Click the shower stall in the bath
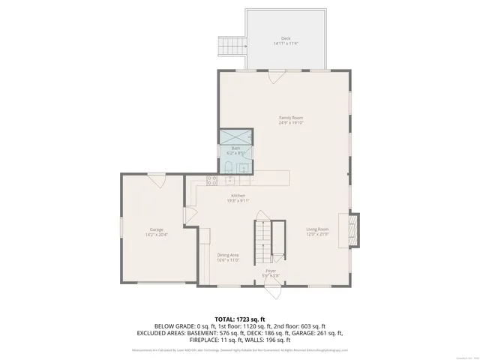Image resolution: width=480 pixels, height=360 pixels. tap(235, 136)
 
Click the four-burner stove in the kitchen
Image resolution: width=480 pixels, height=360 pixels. tap(211, 180)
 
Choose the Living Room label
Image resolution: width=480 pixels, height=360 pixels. tap(317, 231)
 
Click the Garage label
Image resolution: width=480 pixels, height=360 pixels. tap(156, 232)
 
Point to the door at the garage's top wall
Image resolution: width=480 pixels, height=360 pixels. tap(156, 178)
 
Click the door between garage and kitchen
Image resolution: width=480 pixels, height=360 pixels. tap(190, 215)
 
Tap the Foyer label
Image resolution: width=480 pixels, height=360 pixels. tap(271, 272)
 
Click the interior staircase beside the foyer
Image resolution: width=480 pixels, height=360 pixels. tap(262, 239)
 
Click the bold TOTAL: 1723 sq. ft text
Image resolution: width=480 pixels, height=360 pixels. tap(239, 319)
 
